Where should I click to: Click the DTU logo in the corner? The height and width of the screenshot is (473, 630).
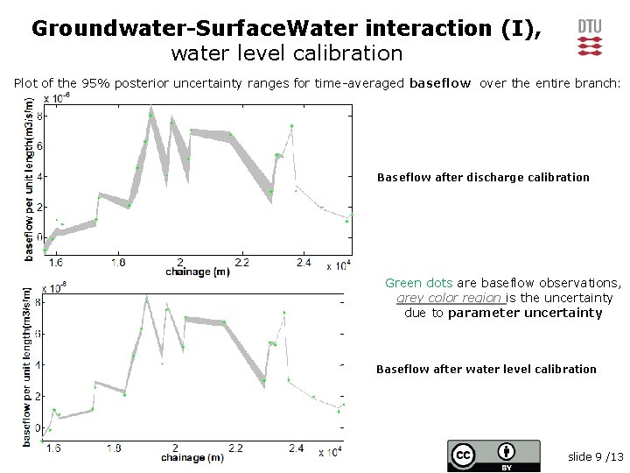[x=590, y=36]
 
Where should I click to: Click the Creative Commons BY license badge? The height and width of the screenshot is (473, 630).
[x=493, y=455]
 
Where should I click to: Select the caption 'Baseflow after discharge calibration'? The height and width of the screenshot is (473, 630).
[x=483, y=178]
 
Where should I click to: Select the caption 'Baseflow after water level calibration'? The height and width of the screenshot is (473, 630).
[x=486, y=370]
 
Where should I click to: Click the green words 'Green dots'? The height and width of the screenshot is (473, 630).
[x=418, y=283]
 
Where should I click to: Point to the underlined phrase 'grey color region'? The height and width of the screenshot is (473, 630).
[x=449, y=298]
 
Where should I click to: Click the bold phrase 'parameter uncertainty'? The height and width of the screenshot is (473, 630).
[x=525, y=313]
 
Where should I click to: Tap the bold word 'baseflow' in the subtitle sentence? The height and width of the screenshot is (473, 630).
[x=440, y=84]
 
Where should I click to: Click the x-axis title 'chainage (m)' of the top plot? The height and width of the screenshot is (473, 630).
[x=198, y=272]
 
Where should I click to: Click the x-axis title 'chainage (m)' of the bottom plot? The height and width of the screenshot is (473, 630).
[x=192, y=457]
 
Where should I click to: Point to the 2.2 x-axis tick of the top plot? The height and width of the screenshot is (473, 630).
[x=242, y=262]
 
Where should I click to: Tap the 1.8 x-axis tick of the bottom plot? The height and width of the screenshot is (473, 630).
[x=114, y=448]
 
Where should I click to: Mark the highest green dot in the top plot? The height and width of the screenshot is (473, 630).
[x=151, y=115]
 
